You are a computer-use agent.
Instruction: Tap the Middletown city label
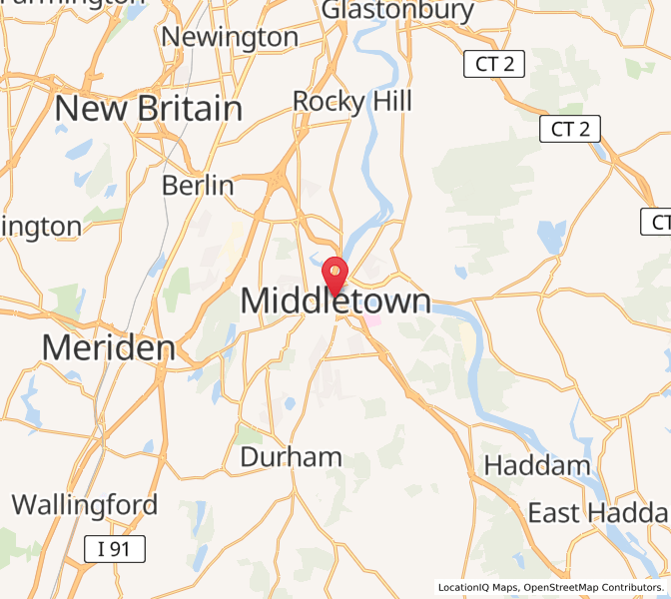tap(335, 300)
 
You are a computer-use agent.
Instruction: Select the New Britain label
tap(149, 108)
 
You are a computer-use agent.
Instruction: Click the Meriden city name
tap(108, 347)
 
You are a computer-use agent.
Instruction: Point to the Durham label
tap(291, 457)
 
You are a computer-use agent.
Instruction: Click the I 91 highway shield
tap(114, 548)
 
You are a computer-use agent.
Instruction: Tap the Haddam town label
tap(537, 465)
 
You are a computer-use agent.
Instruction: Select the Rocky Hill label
tap(351, 101)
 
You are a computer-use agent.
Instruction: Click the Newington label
tap(230, 38)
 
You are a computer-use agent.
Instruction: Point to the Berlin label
tap(198, 185)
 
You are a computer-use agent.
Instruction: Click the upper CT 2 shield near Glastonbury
tap(494, 65)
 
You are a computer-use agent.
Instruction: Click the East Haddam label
tap(598, 513)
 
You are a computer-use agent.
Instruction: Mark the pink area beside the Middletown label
tap(372, 321)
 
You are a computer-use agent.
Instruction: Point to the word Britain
tap(192, 108)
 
